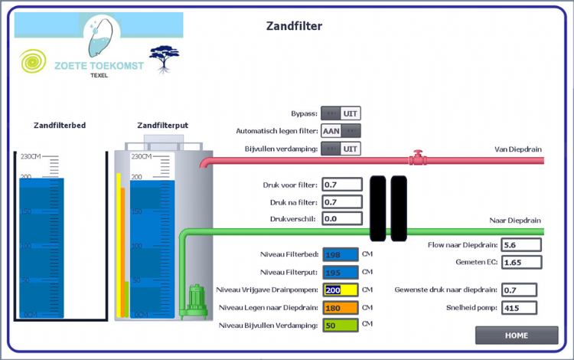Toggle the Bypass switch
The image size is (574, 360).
pyautogui.click(x=341, y=113)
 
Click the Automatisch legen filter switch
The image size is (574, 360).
pyautogui.click(x=341, y=131)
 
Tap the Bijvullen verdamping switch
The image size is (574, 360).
pyautogui.click(x=341, y=149)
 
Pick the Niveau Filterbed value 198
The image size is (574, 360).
pyautogui.click(x=341, y=255)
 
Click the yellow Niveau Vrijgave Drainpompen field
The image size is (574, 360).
pyautogui.click(x=341, y=290)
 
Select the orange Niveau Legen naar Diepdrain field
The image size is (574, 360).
pyautogui.click(x=341, y=308)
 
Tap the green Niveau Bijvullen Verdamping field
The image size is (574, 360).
pyautogui.click(x=341, y=326)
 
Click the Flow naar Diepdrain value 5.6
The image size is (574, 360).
pyautogui.click(x=521, y=245)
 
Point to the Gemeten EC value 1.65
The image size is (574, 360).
pyautogui.click(x=521, y=262)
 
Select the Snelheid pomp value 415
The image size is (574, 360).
pyautogui.click(x=521, y=308)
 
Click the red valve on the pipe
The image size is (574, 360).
pyautogui.click(x=417, y=159)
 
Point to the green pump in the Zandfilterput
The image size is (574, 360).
pyautogui.click(x=195, y=300)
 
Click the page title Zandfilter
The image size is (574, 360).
pyautogui.click(x=294, y=26)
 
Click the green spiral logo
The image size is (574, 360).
pyautogui.click(x=33, y=62)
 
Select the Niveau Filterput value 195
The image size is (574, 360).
pyautogui.click(x=341, y=273)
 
